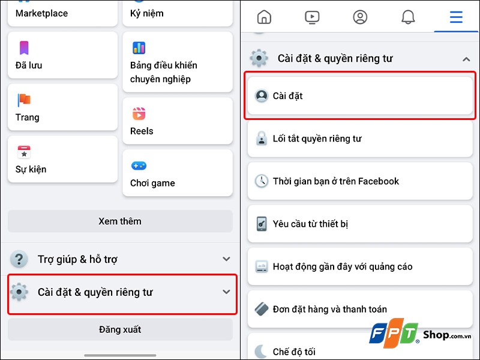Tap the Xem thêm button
pos(120,221)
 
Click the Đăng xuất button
pos(120,329)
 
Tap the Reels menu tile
pos(177,121)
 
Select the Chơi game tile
pos(177,173)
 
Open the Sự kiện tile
pos(62,159)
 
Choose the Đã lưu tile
pos(62,55)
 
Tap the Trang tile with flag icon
pos(62,107)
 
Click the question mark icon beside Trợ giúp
pos(20,259)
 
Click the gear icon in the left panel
pos(20,292)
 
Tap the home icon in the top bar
pos(264,17)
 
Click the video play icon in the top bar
pos(312,17)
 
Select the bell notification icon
pos(408,17)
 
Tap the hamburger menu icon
pos(456,17)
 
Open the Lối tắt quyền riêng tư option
pos(361,139)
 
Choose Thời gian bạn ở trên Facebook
pos(361,181)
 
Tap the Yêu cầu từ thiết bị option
pos(361,224)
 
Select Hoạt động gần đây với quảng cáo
pos(361,266)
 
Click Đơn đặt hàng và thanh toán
pos(361,310)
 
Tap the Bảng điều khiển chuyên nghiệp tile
pos(177,62)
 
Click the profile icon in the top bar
pos(360,17)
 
